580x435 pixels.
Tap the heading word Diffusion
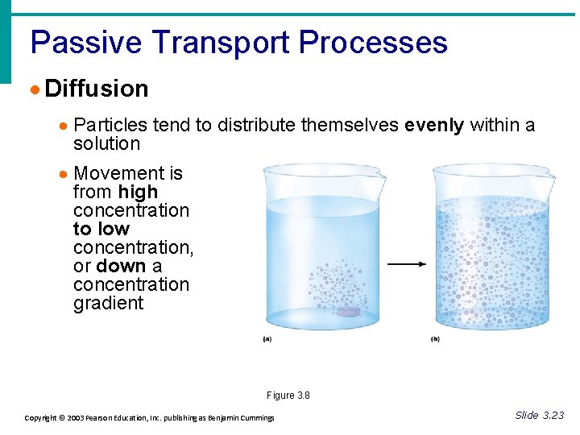point(97,89)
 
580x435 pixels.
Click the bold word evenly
point(434,125)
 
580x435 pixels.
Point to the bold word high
point(138,192)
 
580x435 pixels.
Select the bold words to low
point(101,229)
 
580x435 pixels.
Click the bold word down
point(121,266)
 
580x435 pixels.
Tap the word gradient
point(108,303)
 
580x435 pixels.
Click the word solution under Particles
point(106,143)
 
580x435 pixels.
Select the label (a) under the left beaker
point(267,339)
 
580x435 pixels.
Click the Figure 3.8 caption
point(288,396)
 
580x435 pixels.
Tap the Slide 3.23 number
point(539,415)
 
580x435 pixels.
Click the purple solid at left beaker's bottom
point(348,311)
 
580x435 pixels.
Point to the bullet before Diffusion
point(35,89)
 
